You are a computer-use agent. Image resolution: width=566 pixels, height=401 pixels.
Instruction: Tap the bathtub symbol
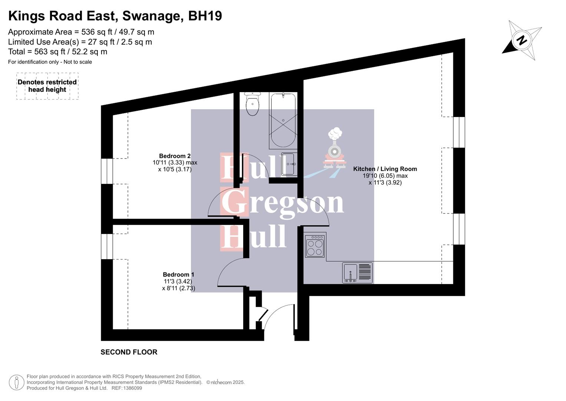[x=283, y=121]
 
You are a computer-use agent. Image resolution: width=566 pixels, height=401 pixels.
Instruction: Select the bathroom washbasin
[x=288, y=164]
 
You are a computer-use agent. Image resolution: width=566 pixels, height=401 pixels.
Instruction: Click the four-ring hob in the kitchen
[x=315, y=245]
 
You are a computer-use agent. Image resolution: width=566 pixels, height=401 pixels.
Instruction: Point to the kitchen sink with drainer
[x=357, y=273]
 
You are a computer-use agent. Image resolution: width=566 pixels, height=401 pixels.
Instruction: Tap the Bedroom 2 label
[x=175, y=156]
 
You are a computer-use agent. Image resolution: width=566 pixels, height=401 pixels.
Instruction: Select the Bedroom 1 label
[x=178, y=275]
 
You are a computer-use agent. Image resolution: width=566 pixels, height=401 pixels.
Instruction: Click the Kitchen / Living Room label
[x=385, y=169]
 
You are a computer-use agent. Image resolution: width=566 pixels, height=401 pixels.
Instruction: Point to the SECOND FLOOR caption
[x=129, y=352]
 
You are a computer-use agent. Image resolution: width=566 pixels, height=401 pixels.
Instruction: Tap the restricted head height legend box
[x=47, y=86]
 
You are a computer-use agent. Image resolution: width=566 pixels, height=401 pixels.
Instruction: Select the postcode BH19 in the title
[x=205, y=16]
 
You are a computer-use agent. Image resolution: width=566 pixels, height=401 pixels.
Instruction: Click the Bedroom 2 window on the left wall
[x=107, y=171]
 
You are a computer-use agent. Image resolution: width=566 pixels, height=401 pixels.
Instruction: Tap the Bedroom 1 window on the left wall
[x=107, y=246]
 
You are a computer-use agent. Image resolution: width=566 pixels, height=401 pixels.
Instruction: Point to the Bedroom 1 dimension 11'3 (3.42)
[x=178, y=281]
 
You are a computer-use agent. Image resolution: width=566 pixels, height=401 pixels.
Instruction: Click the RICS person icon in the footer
[x=16, y=382]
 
